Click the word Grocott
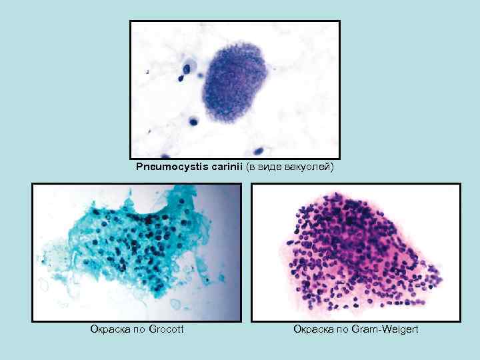(x=167, y=329)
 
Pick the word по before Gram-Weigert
(x=343, y=329)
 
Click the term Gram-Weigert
(x=385, y=329)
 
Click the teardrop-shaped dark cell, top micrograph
(x=180, y=78)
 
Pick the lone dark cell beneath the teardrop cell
(x=193, y=121)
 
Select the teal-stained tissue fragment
(x=127, y=247)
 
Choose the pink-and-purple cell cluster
(x=357, y=253)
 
